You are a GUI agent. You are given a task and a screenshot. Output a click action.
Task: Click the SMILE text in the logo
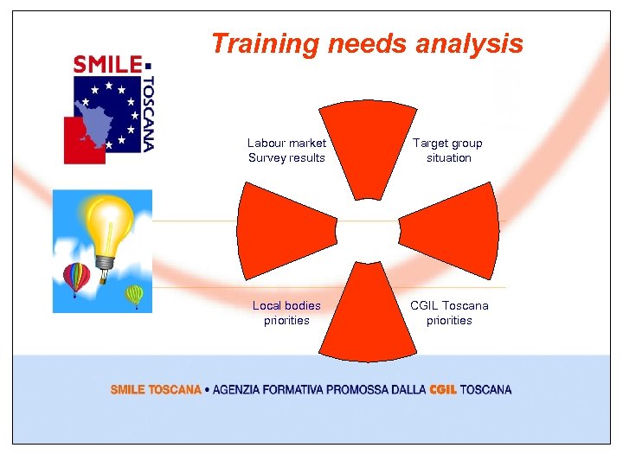[107, 65]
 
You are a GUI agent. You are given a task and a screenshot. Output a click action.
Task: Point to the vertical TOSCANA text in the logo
[148, 113]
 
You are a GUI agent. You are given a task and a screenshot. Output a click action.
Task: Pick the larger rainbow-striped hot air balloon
[76, 276]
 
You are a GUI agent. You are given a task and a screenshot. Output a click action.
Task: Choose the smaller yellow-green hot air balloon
[134, 295]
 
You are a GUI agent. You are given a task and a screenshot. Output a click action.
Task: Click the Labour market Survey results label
[286, 150]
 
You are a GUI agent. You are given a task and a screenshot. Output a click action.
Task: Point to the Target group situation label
[448, 150]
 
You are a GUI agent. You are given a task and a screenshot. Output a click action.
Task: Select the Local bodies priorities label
[286, 313]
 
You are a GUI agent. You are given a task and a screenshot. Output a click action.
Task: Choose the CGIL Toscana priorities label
[449, 313]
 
